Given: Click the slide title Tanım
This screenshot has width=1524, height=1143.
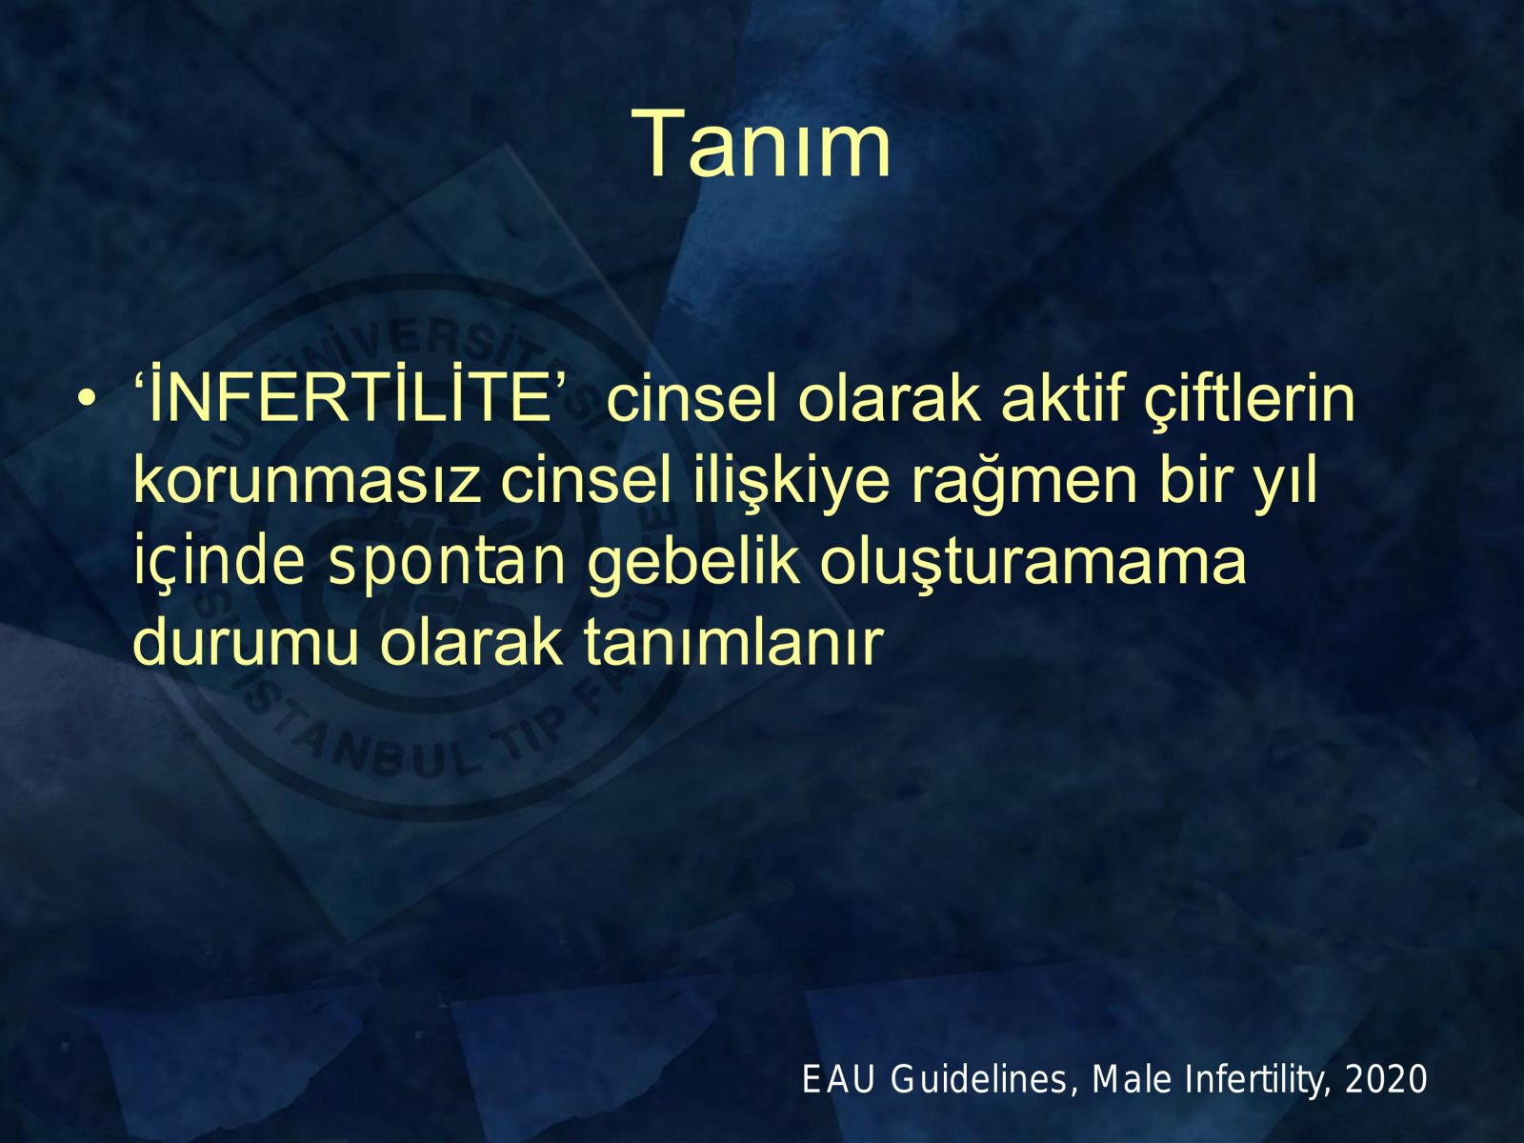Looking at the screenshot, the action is (761, 145).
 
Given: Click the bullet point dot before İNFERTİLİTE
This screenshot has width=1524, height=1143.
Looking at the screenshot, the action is (86, 401).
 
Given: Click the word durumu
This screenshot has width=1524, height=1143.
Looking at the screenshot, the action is (247, 643).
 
